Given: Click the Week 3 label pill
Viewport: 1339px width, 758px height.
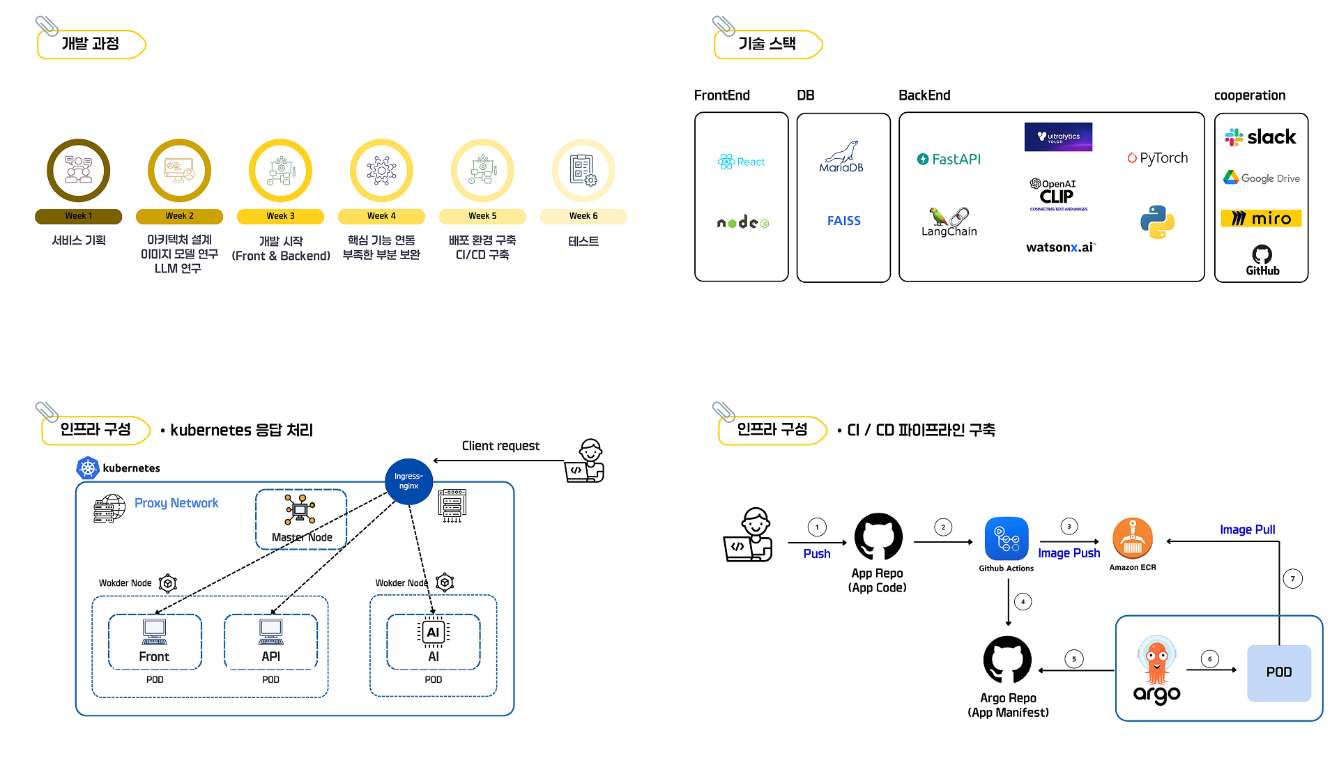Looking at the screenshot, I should pyautogui.click(x=280, y=216).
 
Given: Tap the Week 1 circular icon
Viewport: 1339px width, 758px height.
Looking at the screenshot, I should pyautogui.click(x=79, y=171).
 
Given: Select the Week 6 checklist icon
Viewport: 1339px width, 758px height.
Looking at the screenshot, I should pyautogui.click(x=583, y=171).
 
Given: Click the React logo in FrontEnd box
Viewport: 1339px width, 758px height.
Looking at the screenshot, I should pyautogui.click(x=741, y=162).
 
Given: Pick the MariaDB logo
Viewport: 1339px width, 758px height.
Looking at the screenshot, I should pyautogui.click(x=841, y=157).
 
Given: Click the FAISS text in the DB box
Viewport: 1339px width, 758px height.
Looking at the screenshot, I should pyautogui.click(x=843, y=221).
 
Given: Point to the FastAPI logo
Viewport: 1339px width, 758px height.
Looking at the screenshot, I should pyautogui.click(x=949, y=160).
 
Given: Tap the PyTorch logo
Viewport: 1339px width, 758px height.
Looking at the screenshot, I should pyautogui.click(x=1157, y=158).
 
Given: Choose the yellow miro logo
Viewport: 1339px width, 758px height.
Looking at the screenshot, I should pyautogui.click(x=1261, y=219).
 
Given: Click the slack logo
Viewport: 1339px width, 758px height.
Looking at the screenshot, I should pyautogui.click(x=1261, y=137).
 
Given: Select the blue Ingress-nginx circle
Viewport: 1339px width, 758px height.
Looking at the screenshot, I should pyautogui.click(x=408, y=481).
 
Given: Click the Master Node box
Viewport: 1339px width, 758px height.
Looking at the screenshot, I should pyautogui.click(x=301, y=519).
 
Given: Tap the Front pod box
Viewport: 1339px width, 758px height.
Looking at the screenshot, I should pyautogui.click(x=155, y=642).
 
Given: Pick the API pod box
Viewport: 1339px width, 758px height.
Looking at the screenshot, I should pyautogui.click(x=270, y=642).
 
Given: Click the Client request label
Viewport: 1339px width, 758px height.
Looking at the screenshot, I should pyautogui.click(x=500, y=446).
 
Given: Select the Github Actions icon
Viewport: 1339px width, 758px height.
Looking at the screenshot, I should pyautogui.click(x=1007, y=539).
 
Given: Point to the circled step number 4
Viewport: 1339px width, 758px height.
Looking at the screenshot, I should pyautogui.click(x=1023, y=601).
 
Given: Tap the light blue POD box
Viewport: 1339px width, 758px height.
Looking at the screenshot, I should pyautogui.click(x=1278, y=672).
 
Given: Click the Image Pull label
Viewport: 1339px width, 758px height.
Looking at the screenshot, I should pyautogui.click(x=1247, y=529).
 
